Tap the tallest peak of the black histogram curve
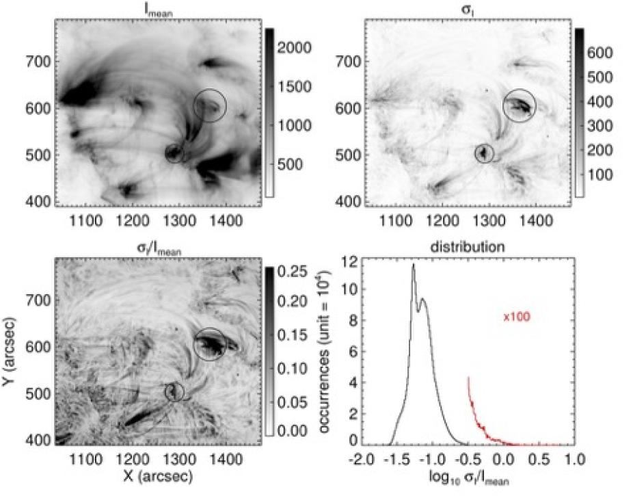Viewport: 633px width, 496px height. (413, 265)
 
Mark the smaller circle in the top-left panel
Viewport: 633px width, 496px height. (175, 153)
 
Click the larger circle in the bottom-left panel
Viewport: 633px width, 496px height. (209, 343)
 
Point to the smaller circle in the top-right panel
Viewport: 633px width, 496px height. (485, 153)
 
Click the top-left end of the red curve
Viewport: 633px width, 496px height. (468, 377)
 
